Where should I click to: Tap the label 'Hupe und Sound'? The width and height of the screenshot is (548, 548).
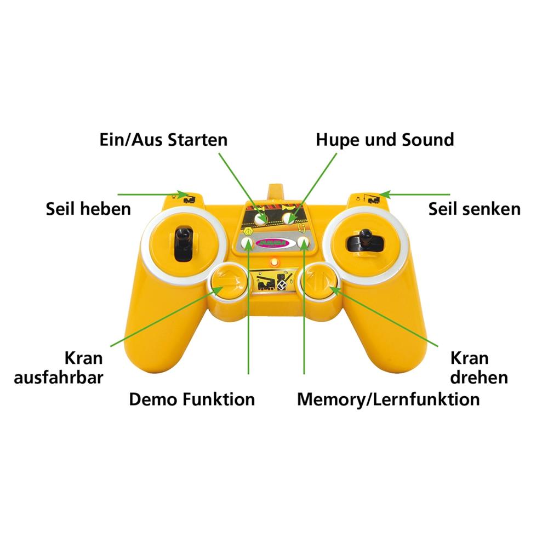tap(385, 140)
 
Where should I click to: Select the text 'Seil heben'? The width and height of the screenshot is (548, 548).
tap(88, 209)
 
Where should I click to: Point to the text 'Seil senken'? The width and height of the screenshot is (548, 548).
tap(474, 209)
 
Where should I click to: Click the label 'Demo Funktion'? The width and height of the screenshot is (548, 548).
tap(192, 399)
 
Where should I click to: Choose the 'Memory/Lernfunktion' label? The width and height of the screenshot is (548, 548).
tap(388, 399)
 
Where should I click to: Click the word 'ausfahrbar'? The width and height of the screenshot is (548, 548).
tap(59, 378)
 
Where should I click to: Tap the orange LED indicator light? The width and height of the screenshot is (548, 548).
tap(274, 262)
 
